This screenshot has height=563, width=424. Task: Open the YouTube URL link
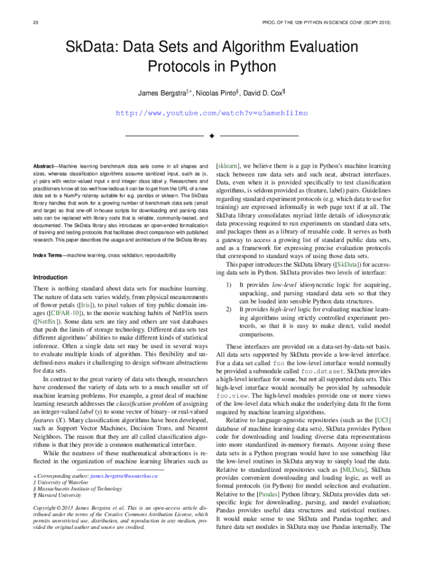coord(211,113)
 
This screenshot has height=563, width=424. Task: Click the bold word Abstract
coord(44,165)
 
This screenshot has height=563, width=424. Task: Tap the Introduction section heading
coord(50,277)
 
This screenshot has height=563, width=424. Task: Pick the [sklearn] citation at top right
coord(227,165)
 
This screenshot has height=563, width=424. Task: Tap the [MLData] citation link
coord(354,470)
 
